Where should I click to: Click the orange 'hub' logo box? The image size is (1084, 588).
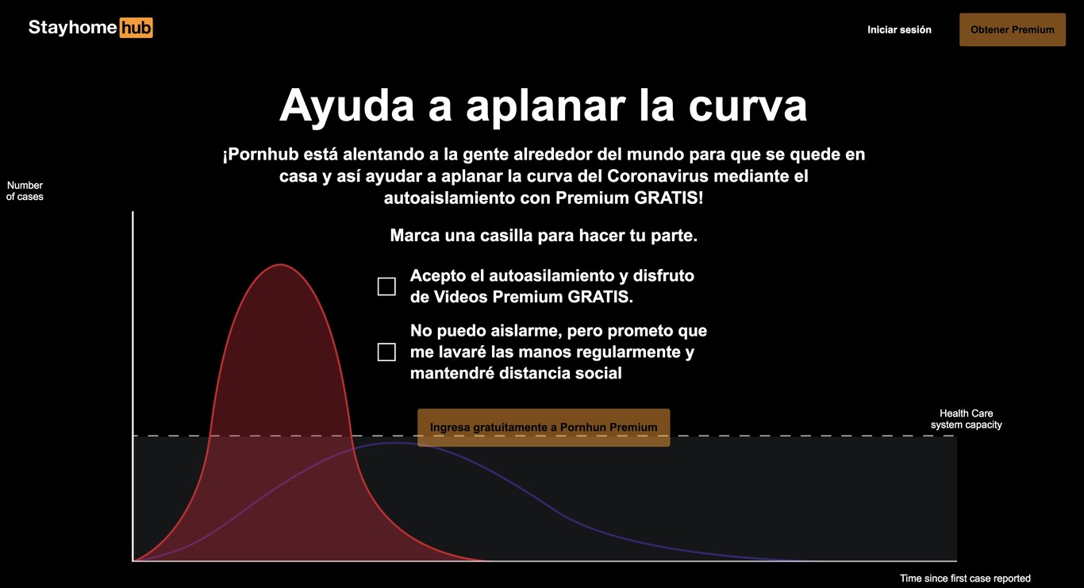click(x=136, y=28)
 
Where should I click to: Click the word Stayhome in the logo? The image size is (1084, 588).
click(x=72, y=28)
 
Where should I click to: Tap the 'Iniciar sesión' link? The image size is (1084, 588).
click(x=899, y=29)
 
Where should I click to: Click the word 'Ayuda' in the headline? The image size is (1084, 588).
click(x=347, y=106)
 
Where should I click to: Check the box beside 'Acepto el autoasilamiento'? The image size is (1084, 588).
click(x=386, y=286)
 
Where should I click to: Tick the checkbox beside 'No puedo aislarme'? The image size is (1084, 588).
click(x=386, y=352)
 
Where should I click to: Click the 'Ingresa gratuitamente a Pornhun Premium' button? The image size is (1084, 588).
click(x=544, y=428)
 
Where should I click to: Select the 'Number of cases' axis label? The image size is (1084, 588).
click(x=25, y=190)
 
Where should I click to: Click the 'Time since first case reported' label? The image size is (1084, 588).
click(x=965, y=578)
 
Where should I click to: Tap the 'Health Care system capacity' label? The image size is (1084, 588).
click(x=966, y=419)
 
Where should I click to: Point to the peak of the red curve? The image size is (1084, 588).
click(x=280, y=264)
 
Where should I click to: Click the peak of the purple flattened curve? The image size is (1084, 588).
click(x=396, y=443)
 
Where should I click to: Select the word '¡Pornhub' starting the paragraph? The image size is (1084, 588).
click(x=260, y=155)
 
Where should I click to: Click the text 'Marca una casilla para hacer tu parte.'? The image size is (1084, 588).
click(x=544, y=235)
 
